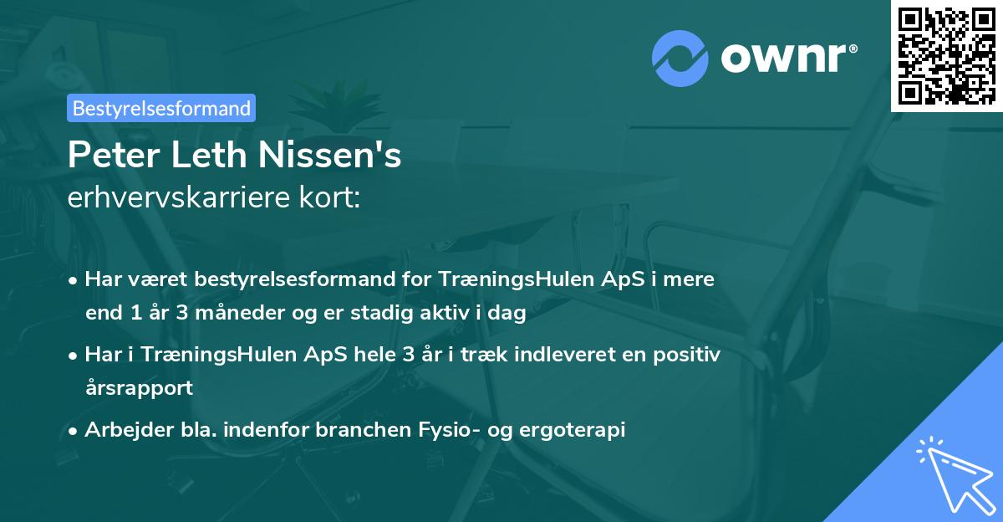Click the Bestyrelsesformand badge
[161, 108]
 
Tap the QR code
[946, 55]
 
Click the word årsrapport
[139, 388]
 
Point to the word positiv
[687, 355]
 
